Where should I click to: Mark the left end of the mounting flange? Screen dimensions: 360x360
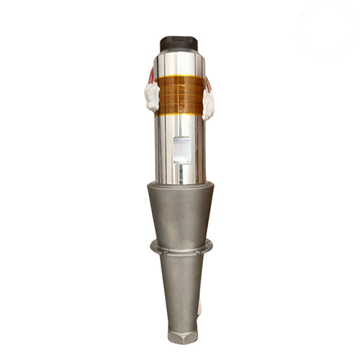[x=153, y=246]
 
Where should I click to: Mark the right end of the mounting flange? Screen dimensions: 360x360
[x=210, y=246]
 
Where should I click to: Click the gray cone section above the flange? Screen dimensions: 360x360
[x=181, y=212]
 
